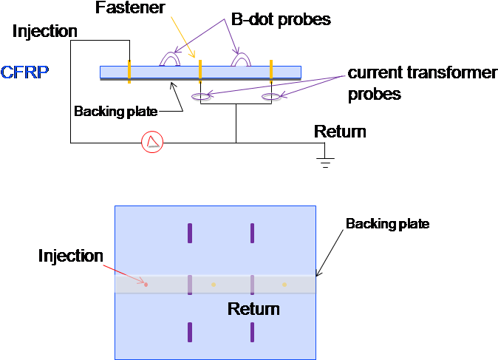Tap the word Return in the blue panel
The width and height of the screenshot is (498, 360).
point(253,309)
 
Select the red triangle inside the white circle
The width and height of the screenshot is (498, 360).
point(152,143)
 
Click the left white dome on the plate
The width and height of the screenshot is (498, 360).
point(171,59)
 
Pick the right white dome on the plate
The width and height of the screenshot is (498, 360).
point(241,59)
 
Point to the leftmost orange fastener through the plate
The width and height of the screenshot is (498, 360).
point(129,72)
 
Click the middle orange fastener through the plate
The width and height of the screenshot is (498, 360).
point(200,72)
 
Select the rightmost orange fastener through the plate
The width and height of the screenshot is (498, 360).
point(271,72)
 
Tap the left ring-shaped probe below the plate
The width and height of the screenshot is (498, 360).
point(200,95)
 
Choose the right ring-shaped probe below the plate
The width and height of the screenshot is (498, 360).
point(270,95)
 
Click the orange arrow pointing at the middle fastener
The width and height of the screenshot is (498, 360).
point(183,36)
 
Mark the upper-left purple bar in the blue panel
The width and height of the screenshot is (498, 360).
point(190,233)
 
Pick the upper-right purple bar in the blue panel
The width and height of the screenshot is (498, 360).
point(252,233)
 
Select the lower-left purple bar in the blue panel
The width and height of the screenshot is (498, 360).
point(190,332)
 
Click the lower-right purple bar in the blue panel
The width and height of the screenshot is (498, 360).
point(252,332)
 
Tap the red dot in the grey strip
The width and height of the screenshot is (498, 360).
point(146,284)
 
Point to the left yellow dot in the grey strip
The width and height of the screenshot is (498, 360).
point(214,284)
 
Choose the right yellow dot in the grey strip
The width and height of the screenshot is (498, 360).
point(284,284)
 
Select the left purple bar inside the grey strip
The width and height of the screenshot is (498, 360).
point(190,285)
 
